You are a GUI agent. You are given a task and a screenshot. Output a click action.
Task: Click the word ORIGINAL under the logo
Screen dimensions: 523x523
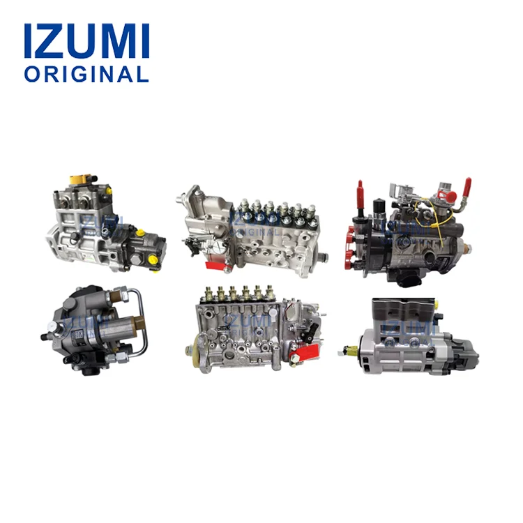coord(86,74)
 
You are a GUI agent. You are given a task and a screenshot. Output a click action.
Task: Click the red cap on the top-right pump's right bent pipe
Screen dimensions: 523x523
coord(467,187)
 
